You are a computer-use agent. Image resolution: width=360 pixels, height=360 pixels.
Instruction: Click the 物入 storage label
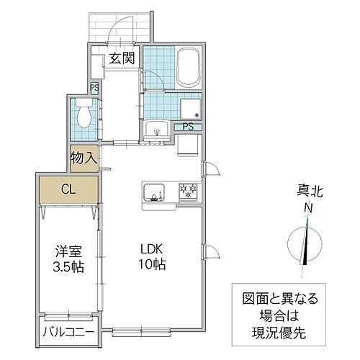84,158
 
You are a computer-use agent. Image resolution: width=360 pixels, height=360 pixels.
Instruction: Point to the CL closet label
69,190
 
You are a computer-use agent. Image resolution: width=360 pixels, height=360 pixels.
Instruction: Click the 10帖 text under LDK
153,264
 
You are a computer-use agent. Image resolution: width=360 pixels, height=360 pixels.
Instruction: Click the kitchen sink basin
153,193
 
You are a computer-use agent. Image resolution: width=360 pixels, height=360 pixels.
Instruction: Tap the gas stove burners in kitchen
189,192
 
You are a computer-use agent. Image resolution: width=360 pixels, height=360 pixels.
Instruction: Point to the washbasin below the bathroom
157,130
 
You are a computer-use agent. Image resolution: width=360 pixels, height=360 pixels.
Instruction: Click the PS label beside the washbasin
187,127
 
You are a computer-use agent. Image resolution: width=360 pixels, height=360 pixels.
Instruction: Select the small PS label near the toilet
94,89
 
